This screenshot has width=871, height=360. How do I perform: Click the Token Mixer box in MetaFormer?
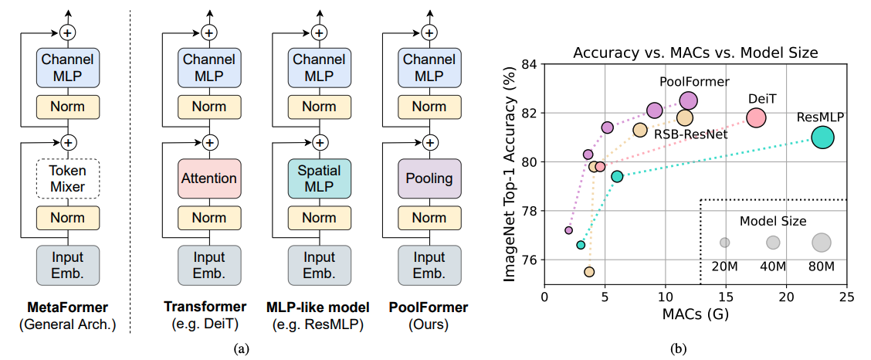click(68, 179)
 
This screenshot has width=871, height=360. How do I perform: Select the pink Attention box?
click(208, 179)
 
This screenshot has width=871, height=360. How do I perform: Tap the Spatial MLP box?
click(320, 179)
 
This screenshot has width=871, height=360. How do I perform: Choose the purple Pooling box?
click(429, 179)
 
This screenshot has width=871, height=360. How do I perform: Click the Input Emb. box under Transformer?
click(208, 265)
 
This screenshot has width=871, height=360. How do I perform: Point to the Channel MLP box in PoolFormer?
click(429, 67)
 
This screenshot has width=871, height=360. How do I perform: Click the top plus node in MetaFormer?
click(68, 32)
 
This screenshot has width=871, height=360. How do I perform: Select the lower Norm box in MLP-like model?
click(320, 218)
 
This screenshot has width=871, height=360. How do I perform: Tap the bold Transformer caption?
click(205, 307)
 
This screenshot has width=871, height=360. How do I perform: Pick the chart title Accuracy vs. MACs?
click(696, 53)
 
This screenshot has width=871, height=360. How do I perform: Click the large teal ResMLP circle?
click(822, 138)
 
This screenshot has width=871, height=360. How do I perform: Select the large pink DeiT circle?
click(756, 117)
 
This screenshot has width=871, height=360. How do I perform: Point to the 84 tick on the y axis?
click(531, 64)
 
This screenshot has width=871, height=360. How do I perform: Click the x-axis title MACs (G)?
click(696, 314)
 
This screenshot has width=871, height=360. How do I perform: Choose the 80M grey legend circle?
click(821, 243)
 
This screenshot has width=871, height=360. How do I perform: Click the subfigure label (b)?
click(679, 349)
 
